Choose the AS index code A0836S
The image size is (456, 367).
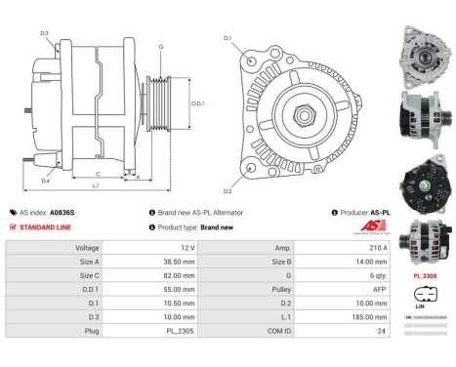62,212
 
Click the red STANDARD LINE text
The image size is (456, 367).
47,226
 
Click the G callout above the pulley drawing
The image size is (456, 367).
160,47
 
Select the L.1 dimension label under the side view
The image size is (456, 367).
95,185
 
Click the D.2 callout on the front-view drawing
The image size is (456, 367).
228,190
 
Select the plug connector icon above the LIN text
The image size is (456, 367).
421,293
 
